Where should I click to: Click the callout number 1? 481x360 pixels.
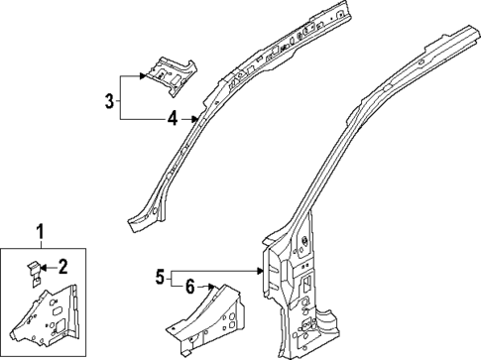[x=41, y=233]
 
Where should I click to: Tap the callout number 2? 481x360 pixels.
[x=62, y=265]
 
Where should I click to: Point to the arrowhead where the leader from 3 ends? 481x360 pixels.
[x=148, y=76]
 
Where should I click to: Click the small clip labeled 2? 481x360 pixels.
[x=33, y=267]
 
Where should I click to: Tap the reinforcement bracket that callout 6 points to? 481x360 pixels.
[x=208, y=312]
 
